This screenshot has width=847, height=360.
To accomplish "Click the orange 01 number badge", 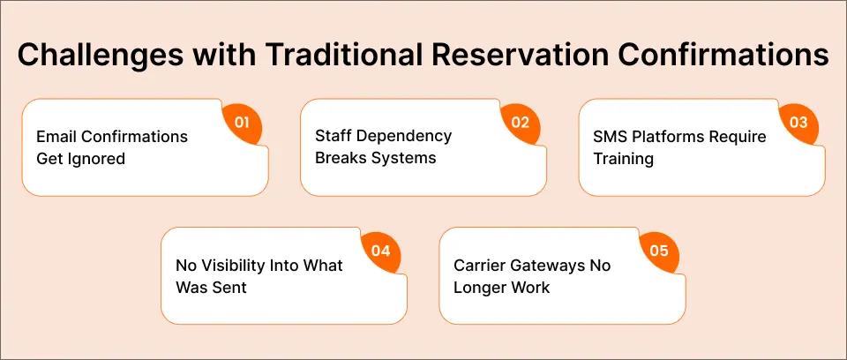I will pyautogui.click(x=241, y=123).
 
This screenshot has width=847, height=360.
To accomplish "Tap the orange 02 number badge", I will pyautogui.click(x=520, y=123).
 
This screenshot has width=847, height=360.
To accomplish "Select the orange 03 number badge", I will pyautogui.click(x=798, y=123).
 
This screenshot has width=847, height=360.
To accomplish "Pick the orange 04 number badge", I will pyautogui.click(x=380, y=251).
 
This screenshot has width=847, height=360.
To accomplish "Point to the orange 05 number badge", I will pyautogui.click(x=659, y=251).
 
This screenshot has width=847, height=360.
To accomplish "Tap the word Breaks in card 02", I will pyautogui.click(x=339, y=159).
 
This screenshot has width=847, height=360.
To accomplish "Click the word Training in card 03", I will pyautogui.click(x=622, y=159).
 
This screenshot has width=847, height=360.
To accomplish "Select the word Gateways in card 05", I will pyautogui.click(x=547, y=266).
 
